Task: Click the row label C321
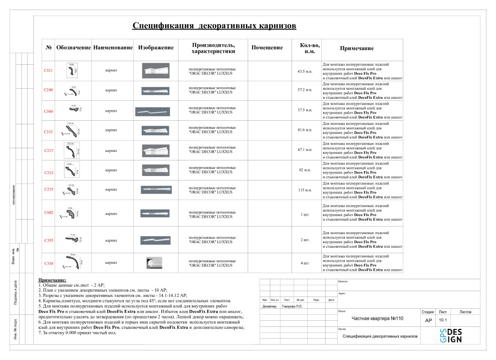point(49,71)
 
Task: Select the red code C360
point(49,111)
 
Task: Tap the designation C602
point(49,213)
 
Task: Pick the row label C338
point(49,263)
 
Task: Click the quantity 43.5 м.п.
point(305,71)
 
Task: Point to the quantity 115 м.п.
point(305,190)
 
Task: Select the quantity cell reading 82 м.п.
point(305,170)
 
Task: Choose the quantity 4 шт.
point(305,263)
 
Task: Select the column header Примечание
point(357,48)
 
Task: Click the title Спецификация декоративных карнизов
point(214,26)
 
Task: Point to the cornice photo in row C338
point(153,263)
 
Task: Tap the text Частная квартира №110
point(377,318)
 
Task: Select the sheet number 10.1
point(443,319)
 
